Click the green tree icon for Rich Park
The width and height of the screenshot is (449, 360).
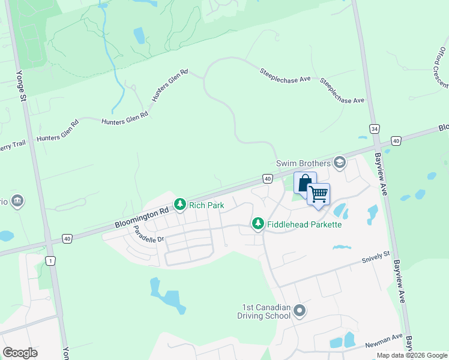click(x=179, y=205)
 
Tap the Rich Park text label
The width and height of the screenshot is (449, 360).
click(x=206, y=205)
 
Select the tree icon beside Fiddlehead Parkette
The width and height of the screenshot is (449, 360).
click(x=258, y=224)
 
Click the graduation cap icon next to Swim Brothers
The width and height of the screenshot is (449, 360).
click(x=340, y=163)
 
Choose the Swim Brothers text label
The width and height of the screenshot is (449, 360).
click(x=303, y=163)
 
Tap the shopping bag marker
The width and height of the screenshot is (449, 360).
click(x=305, y=182)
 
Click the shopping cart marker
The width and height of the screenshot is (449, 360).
click(x=318, y=194)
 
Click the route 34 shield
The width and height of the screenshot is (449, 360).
click(x=375, y=129)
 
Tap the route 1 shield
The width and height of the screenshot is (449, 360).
click(x=51, y=260)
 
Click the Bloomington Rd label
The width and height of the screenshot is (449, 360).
click(x=142, y=217)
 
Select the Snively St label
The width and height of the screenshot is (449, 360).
click(x=376, y=259)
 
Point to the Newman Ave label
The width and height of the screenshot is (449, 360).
click(x=384, y=341)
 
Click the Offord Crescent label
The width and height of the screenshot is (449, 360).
click(x=440, y=66)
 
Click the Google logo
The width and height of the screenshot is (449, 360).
click(x=20, y=353)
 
